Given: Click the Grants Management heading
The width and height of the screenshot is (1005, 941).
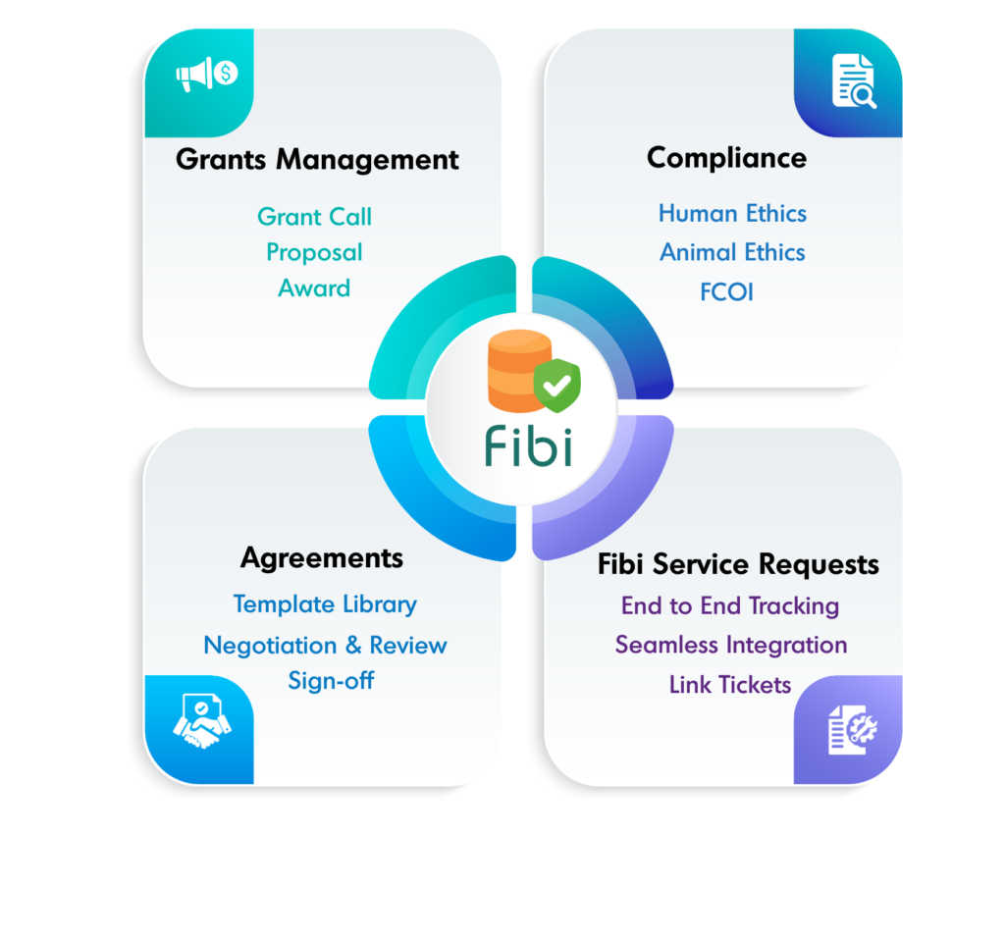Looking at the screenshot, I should pyautogui.click(x=317, y=159).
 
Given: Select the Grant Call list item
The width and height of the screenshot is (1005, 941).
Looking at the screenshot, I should pyautogui.click(x=314, y=216).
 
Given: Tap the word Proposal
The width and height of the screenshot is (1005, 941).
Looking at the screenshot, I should pyautogui.click(x=314, y=252).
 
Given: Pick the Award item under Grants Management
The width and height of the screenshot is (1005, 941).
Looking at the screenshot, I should pyautogui.click(x=314, y=288).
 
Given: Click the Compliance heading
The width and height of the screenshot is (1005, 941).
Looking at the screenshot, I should pyautogui.click(x=726, y=158).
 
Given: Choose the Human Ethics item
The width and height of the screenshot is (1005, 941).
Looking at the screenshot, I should pyautogui.click(x=732, y=214).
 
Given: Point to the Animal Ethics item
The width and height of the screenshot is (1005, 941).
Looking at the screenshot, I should pyautogui.click(x=732, y=252).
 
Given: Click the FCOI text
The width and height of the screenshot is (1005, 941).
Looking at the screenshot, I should pyautogui.click(x=727, y=291).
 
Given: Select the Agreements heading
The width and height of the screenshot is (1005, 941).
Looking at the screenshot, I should pyautogui.click(x=322, y=558).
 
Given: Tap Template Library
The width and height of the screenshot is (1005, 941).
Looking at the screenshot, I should pyautogui.click(x=325, y=604).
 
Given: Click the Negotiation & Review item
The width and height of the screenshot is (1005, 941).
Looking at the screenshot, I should pyautogui.click(x=325, y=646).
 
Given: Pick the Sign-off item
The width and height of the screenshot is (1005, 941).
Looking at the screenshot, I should pyautogui.click(x=331, y=680).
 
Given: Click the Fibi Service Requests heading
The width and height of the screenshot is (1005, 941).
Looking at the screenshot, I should pyautogui.click(x=738, y=564).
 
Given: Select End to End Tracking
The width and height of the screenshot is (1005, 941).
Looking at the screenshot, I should pyautogui.click(x=730, y=605).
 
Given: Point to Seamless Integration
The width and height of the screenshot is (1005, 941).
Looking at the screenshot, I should pyautogui.click(x=731, y=645).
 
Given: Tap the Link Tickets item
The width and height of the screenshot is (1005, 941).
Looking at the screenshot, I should pyautogui.click(x=730, y=684).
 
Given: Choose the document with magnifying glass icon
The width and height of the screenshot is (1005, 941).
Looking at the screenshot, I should pyautogui.click(x=852, y=82).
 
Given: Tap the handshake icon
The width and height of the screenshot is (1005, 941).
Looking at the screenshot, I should pyautogui.click(x=201, y=723).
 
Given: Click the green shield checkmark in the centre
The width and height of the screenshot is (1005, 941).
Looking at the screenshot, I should pyautogui.click(x=556, y=385).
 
